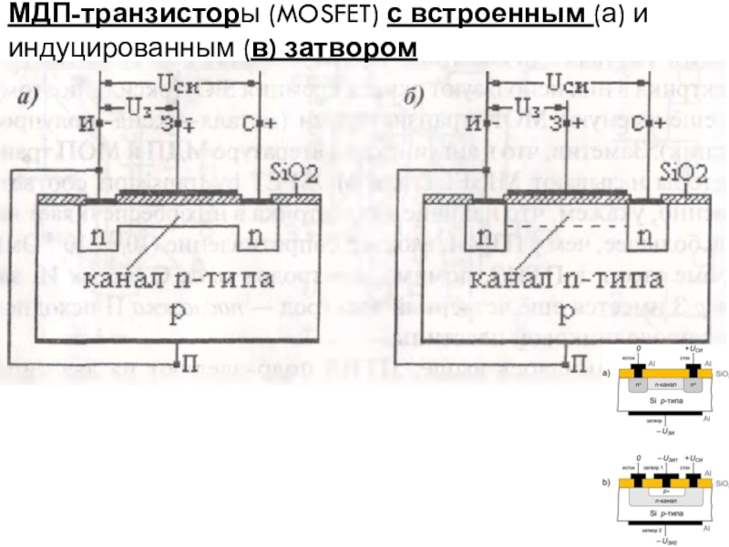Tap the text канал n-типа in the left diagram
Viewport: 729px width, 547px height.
(x=188, y=279)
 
